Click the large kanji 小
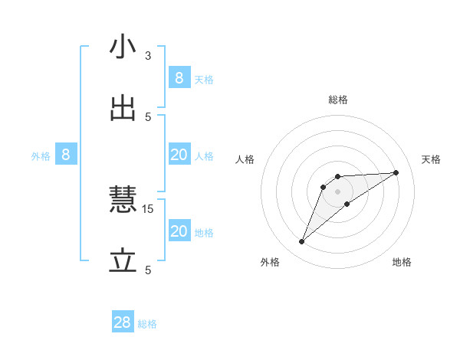pos(123,47)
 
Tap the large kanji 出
pos(123,109)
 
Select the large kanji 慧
pos(123,201)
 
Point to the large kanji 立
pos(123,262)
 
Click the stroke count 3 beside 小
pos(148,55)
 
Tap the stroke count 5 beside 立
pos(148,270)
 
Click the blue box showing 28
pos(123,322)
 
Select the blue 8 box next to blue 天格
pos(179,77)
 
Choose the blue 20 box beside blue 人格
pos(179,155)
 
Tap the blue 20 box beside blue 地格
pos(179,231)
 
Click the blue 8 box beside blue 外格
pos(66,155)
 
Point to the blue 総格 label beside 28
pos(148,324)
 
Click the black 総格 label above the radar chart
pos(338,100)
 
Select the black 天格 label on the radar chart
pos(431,159)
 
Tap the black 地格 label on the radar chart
pos(402,262)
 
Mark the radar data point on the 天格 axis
pos(396,172)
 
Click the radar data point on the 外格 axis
pos(302,242)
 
